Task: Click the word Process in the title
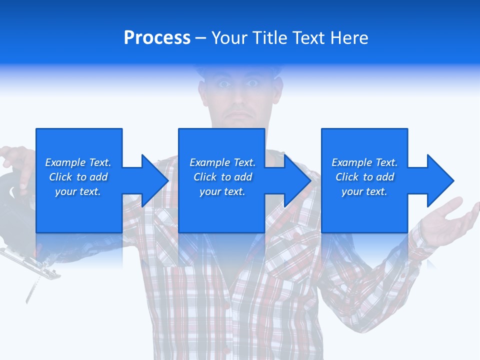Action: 157,38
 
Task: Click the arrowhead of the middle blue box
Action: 297,180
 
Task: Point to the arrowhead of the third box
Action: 440,180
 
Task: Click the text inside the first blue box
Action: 78,177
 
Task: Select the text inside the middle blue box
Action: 222,177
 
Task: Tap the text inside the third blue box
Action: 364,177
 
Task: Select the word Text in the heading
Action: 309,38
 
